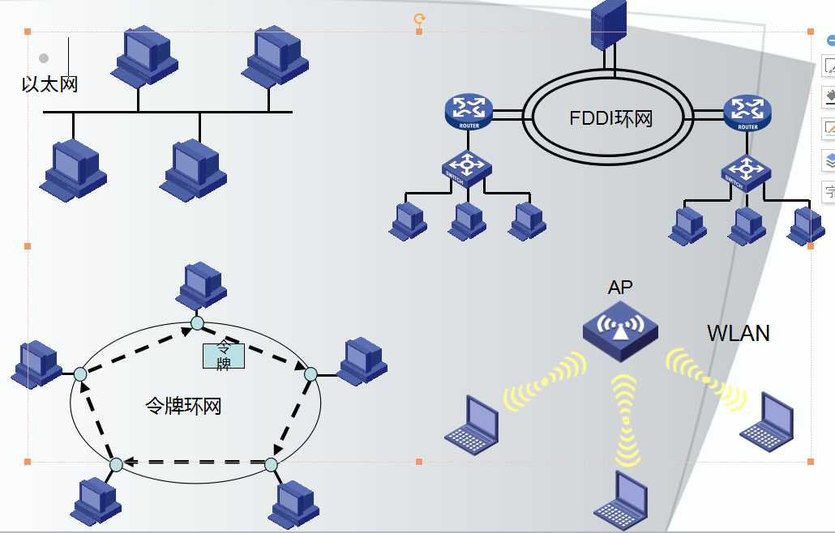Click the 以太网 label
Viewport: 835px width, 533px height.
pos(49,83)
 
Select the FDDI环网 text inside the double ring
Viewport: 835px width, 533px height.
pos(610,118)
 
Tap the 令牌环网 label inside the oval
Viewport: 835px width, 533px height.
pos(183,406)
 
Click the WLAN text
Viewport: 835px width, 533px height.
pos(738,333)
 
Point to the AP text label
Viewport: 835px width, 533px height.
pos(620,287)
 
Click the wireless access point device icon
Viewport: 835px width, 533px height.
pos(620,329)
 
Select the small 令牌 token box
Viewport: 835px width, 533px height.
pos(223,355)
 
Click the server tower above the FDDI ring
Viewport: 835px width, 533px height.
pos(609,24)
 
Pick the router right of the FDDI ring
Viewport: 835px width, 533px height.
pos(747,112)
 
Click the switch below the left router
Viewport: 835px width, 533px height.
pos(466,168)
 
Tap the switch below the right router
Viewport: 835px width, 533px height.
pos(746,171)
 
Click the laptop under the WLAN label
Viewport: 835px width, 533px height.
pos(766,421)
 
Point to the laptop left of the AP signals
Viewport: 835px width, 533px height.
pos(472,424)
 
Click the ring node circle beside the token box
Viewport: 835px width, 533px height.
pos(197,324)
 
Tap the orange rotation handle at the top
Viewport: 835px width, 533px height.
pos(419,18)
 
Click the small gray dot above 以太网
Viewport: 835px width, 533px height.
pos(44,58)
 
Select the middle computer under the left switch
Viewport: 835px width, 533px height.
pos(467,220)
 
